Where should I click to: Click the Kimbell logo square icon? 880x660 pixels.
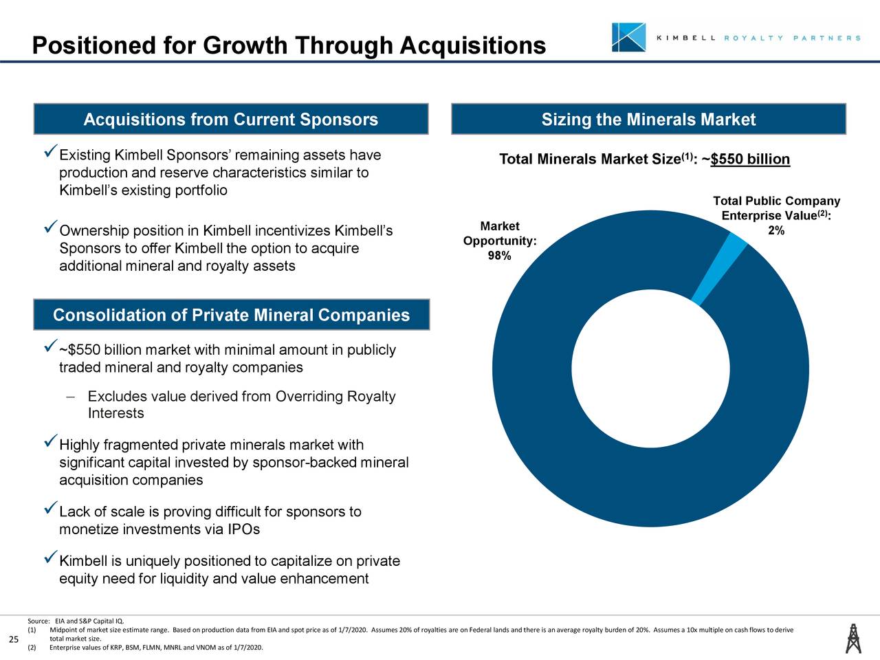628,37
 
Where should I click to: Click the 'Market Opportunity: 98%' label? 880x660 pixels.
499,241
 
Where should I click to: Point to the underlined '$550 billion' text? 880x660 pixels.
750,160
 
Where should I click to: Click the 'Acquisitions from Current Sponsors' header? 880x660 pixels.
231,120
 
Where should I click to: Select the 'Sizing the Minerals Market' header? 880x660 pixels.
648,120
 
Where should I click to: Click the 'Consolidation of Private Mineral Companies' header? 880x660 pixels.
231,315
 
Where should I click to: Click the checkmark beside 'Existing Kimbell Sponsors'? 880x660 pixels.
49,150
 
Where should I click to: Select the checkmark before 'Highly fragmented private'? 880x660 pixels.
49,440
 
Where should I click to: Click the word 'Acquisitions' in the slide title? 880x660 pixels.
472,45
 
